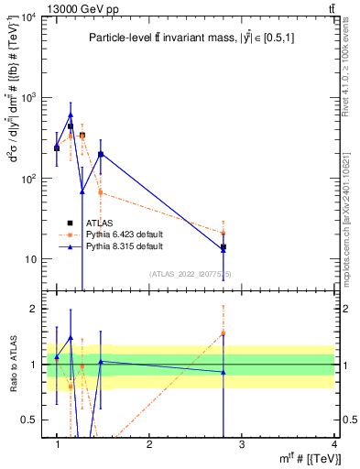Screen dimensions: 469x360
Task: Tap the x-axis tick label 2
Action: coord(149,443)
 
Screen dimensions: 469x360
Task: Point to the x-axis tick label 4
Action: coord(333,443)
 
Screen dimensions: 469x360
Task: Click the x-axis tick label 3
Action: coord(242,443)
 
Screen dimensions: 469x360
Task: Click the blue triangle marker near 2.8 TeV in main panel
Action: coord(224,249)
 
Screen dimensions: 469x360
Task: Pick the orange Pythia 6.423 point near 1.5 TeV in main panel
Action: coord(101,192)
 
